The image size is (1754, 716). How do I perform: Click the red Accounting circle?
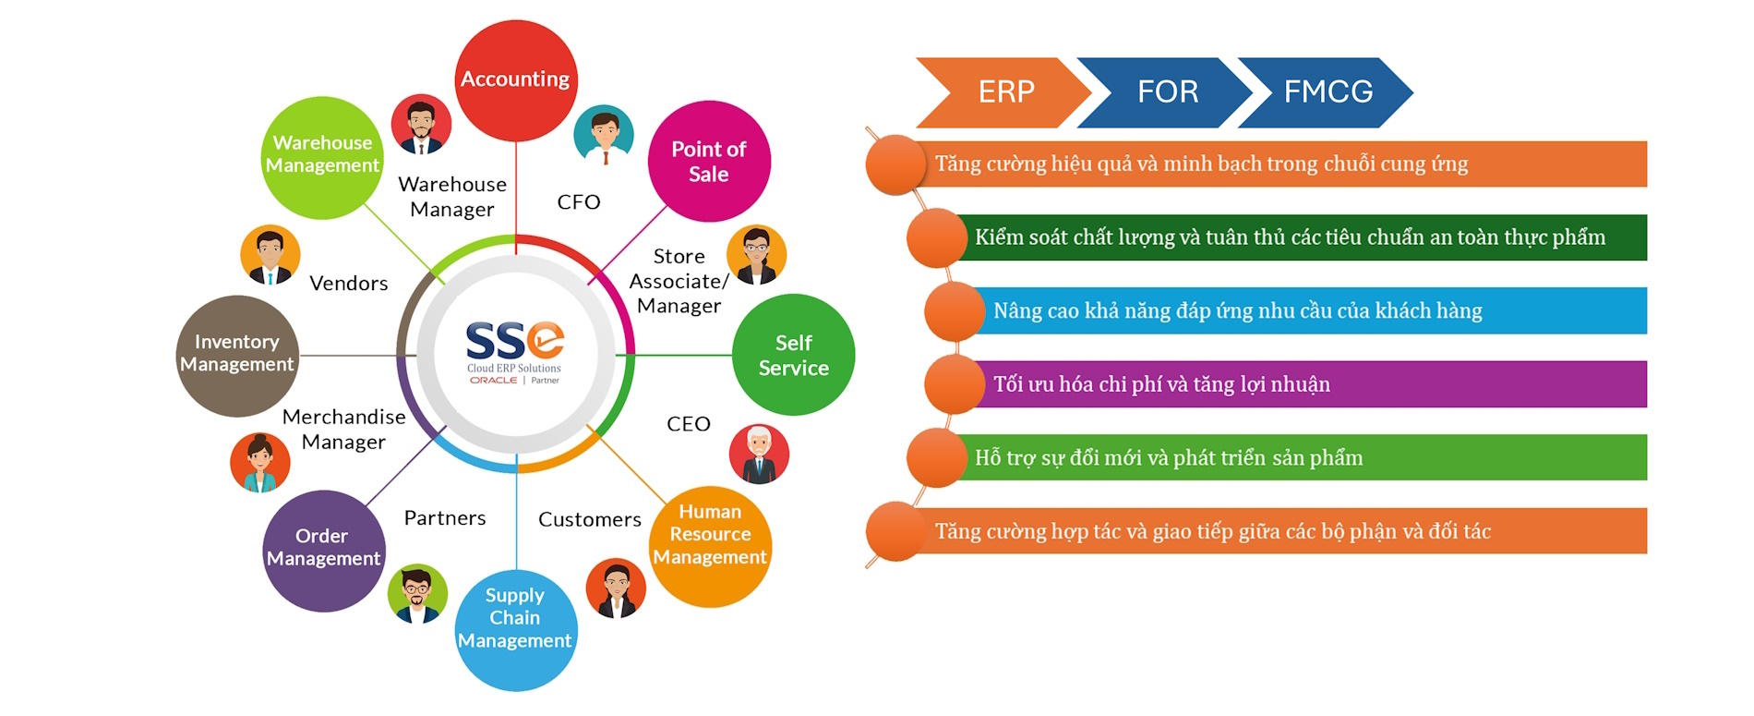tap(516, 80)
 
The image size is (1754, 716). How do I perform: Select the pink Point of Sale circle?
tap(709, 162)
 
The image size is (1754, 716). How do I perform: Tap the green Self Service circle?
tap(793, 355)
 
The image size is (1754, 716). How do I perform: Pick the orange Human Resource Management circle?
tap(710, 546)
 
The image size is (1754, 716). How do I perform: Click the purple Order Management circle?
tap(324, 551)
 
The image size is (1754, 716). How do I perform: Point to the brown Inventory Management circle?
tap(237, 356)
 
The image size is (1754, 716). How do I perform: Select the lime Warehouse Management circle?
tap(323, 157)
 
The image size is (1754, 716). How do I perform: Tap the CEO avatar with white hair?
tap(759, 455)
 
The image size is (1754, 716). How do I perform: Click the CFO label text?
tap(579, 201)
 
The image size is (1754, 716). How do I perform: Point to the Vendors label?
tap(349, 283)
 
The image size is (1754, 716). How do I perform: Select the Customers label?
tap(590, 519)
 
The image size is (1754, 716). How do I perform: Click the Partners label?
tap(445, 517)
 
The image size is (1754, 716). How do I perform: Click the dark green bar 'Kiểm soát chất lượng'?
tap(1292, 237)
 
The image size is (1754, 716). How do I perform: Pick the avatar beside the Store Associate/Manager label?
tap(757, 255)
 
